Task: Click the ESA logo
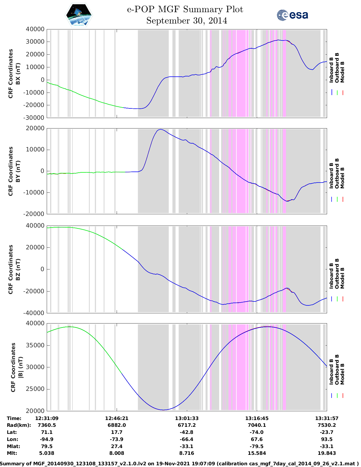(x=292, y=15)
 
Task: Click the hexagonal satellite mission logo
(x=79, y=15)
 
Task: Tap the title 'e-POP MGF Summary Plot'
(x=185, y=9)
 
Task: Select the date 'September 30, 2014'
(x=187, y=21)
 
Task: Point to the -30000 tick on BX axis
(x=35, y=117)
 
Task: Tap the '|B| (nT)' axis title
(x=20, y=367)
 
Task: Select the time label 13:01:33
(x=187, y=418)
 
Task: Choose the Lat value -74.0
(x=257, y=432)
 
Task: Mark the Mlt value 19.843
(x=327, y=453)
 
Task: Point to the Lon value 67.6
(x=257, y=439)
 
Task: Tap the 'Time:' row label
(x=14, y=418)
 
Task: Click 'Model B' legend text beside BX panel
(x=342, y=72)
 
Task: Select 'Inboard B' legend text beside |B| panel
(x=331, y=371)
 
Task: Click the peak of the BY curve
(x=161, y=129)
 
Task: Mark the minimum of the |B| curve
(x=163, y=410)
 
